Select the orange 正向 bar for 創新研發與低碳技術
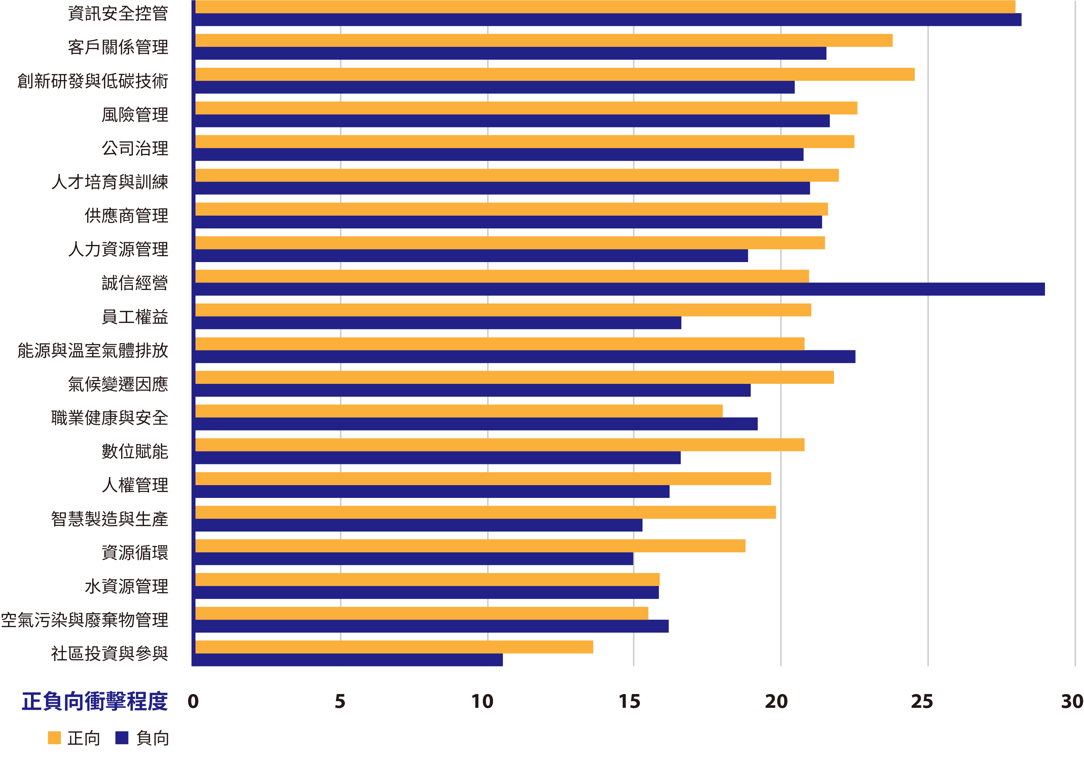click(x=555, y=74)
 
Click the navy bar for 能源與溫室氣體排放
click(x=525, y=357)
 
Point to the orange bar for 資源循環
click(x=470, y=546)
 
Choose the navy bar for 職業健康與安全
click(x=476, y=424)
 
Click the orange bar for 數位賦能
click(x=500, y=445)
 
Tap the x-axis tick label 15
click(x=629, y=701)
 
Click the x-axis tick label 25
click(x=922, y=701)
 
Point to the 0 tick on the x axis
click(x=193, y=701)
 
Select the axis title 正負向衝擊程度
click(x=95, y=701)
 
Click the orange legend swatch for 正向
click(x=54, y=738)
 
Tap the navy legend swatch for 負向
click(x=122, y=738)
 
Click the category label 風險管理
click(x=135, y=115)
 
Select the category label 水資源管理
click(x=126, y=586)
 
